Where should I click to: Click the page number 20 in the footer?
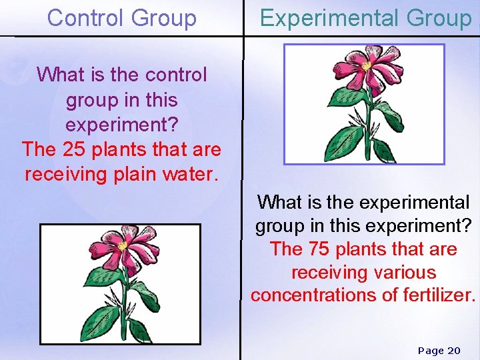(453, 351)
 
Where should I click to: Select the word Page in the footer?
(431, 351)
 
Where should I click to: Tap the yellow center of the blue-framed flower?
(366, 67)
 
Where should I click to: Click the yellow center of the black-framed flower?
(122, 246)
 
